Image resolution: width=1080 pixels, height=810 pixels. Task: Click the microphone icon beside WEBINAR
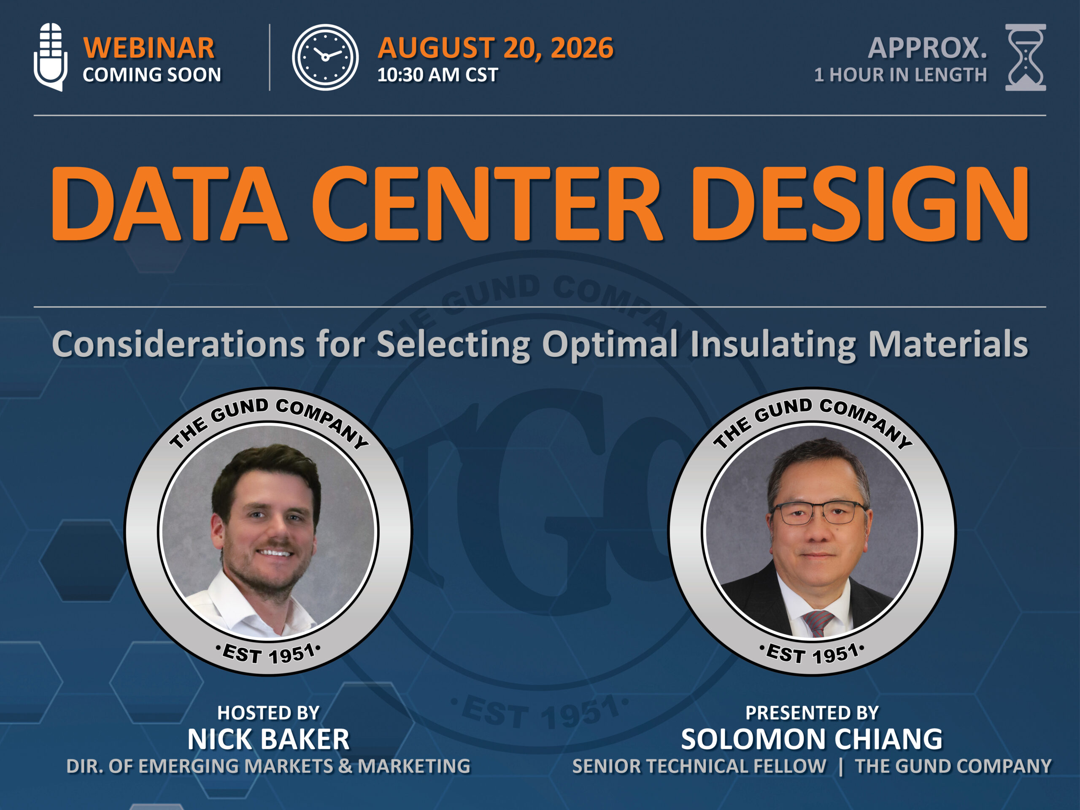50,57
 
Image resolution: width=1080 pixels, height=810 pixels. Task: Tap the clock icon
325,57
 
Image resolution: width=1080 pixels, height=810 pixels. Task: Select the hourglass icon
1025,57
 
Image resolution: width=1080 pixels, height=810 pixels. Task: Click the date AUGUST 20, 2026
496,48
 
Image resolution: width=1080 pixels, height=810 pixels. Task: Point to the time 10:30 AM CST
437,75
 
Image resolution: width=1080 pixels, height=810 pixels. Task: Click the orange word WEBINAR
149,48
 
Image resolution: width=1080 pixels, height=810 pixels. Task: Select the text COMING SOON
152,75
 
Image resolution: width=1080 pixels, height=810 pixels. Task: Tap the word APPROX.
928,48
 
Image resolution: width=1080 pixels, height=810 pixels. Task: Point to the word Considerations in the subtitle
179,344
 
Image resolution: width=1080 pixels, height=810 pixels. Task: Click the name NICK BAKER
269,739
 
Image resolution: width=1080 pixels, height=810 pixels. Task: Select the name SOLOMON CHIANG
812,739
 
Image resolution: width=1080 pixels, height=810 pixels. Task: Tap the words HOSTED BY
269,713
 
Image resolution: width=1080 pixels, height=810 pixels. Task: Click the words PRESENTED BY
812,713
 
